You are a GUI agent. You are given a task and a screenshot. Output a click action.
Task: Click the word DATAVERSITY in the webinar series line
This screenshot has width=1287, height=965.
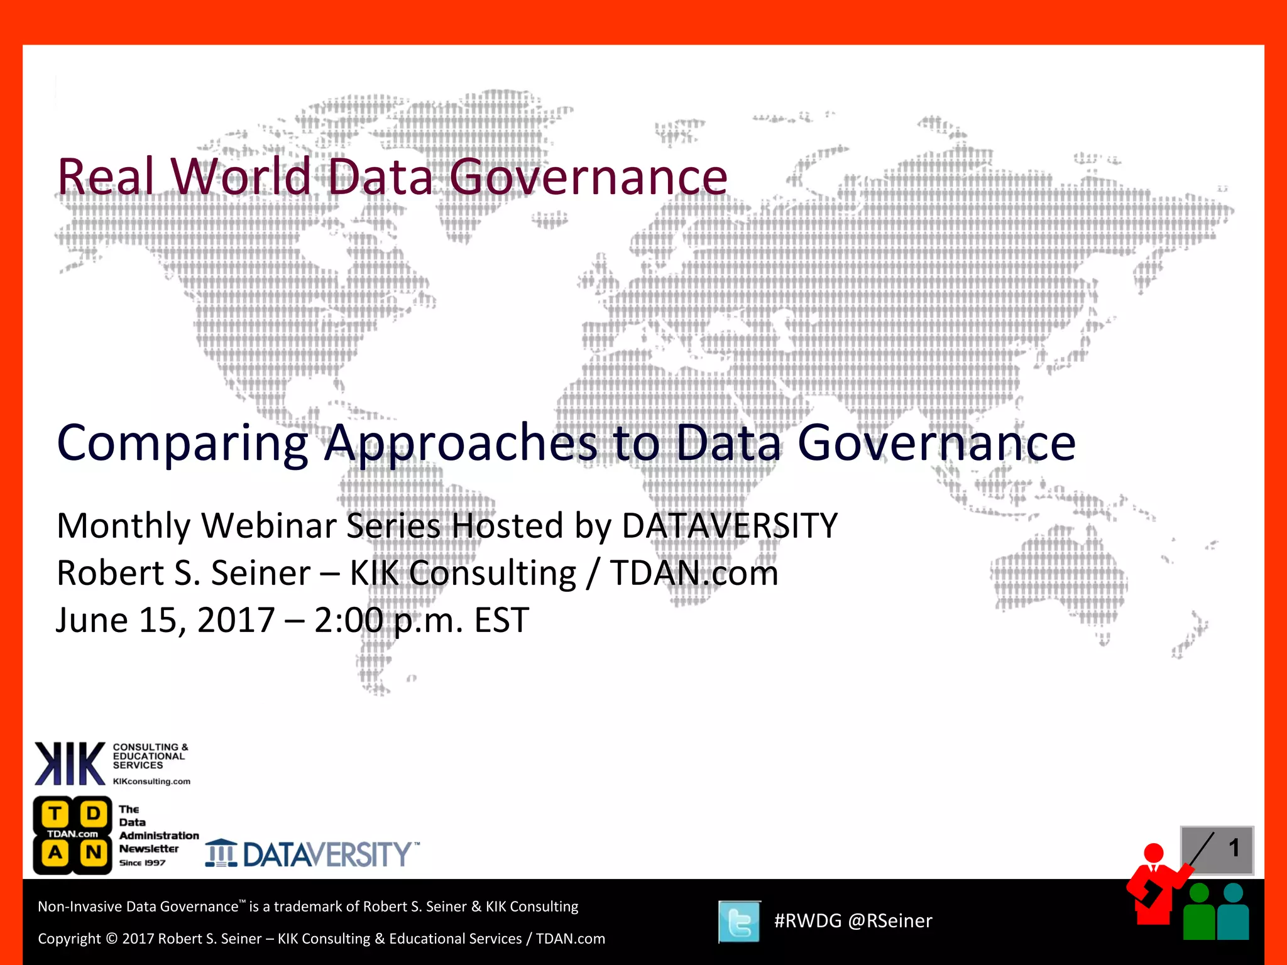729,525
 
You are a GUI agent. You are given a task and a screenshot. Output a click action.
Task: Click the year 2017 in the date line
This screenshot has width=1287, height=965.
236,620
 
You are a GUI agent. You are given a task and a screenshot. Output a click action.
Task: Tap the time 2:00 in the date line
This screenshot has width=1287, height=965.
348,620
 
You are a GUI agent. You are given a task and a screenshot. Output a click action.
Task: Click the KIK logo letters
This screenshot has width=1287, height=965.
69,763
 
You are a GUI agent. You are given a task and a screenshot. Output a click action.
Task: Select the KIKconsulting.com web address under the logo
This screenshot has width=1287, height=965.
151,782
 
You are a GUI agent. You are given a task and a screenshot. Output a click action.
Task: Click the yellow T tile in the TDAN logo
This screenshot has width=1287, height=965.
55,814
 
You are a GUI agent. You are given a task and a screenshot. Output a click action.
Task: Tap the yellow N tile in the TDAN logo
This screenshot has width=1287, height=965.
94,853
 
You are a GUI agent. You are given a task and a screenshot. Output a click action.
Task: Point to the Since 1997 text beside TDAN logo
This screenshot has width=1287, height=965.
142,863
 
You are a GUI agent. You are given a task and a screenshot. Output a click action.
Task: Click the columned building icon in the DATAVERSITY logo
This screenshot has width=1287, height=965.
221,853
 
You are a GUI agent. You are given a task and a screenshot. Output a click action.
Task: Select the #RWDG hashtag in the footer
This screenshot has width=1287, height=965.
808,921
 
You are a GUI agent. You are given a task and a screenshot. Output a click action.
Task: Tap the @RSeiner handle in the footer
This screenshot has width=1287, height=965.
890,921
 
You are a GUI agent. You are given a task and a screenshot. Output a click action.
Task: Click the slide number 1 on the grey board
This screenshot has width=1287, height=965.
1234,848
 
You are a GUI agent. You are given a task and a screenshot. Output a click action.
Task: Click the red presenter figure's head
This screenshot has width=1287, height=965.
1154,853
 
